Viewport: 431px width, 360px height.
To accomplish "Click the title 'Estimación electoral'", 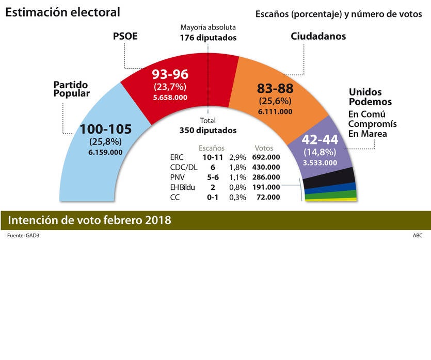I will (62, 12).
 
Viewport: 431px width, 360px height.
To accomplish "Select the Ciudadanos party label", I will (318, 36).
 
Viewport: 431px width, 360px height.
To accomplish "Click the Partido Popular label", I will (71, 89).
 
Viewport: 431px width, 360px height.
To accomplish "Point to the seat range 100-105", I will (106, 129).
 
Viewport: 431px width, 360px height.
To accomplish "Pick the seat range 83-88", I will (275, 88).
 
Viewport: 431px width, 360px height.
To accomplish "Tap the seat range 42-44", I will (320, 140).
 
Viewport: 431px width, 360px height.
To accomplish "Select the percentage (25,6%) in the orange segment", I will (275, 101).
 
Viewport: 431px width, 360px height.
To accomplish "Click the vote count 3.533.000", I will (320, 163).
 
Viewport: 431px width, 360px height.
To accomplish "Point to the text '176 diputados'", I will (208, 38).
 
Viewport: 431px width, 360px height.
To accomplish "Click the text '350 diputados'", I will (208, 130).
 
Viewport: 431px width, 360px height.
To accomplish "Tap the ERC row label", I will (177, 157).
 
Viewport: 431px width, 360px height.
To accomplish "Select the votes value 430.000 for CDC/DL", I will (266, 167).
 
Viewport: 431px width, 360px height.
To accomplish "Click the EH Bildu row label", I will (182, 187).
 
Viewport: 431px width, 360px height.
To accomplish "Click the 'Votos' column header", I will (264, 148).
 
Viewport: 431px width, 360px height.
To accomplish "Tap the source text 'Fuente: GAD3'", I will (23, 236).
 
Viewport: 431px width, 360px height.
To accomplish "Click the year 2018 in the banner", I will (157, 220).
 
